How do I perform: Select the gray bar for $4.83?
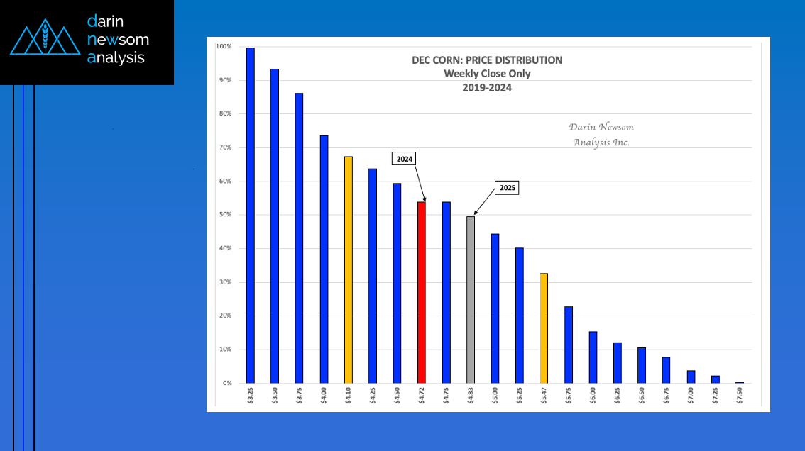tap(471, 299)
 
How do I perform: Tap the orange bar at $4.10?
tap(348, 269)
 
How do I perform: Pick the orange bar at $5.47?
tap(544, 328)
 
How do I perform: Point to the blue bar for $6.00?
tap(593, 357)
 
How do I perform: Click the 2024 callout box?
tap(405, 159)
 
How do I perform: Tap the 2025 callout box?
tap(507, 189)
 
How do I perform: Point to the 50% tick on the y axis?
tap(224, 215)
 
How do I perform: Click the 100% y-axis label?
tap(224, 47)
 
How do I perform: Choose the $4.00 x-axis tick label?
tap(324, 396)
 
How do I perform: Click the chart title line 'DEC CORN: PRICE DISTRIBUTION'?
tap(487, 60)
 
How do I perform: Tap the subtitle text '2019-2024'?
tap(487, 88)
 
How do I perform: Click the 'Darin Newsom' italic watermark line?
tap(601, 127)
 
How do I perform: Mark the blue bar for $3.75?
tap(300, 238)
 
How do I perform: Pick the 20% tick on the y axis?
tap(224, 316)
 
